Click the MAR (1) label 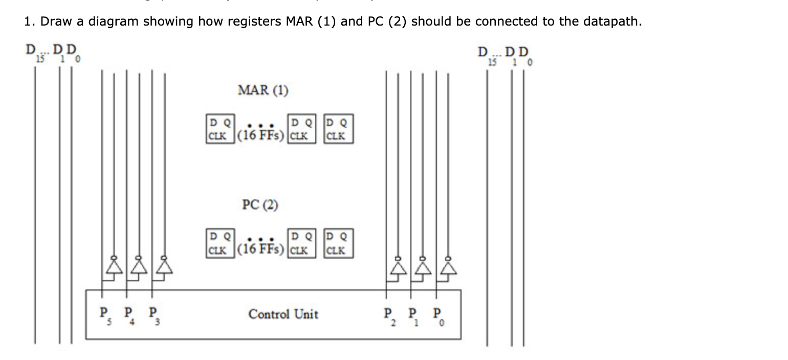tap(263, 91)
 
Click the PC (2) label tap(260, 205)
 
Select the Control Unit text tap(283, 314)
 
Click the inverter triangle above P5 tap(114, 267)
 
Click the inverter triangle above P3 tap(164, 267)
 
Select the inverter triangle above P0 tap(448, 267)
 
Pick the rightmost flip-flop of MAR tap(338, 129)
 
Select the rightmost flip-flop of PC tap(338, 243)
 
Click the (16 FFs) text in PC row tap(260, 249)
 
